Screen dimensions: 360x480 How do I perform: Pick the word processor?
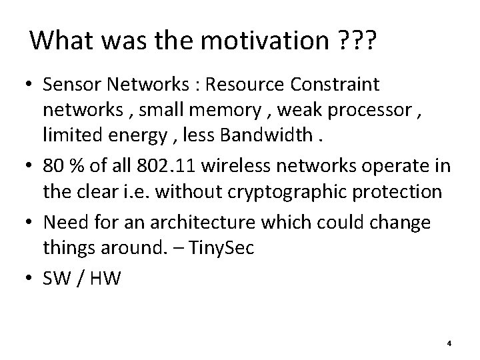[x=357, y=111]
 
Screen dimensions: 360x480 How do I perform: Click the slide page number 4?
[x=449, y=343]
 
